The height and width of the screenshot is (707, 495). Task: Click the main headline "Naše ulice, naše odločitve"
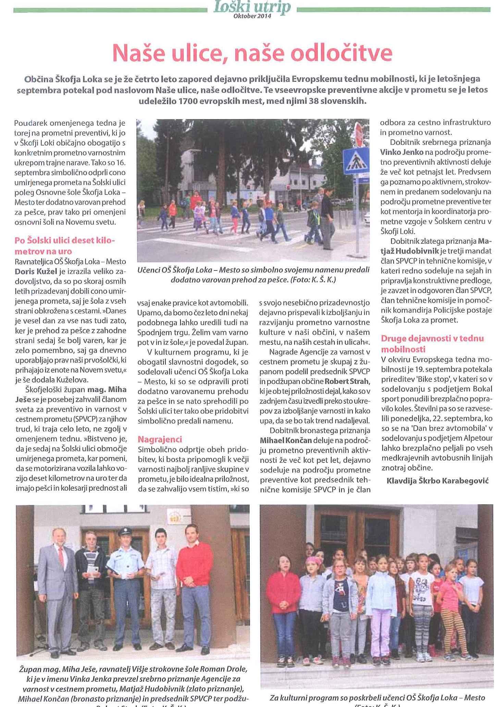[252, 53]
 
